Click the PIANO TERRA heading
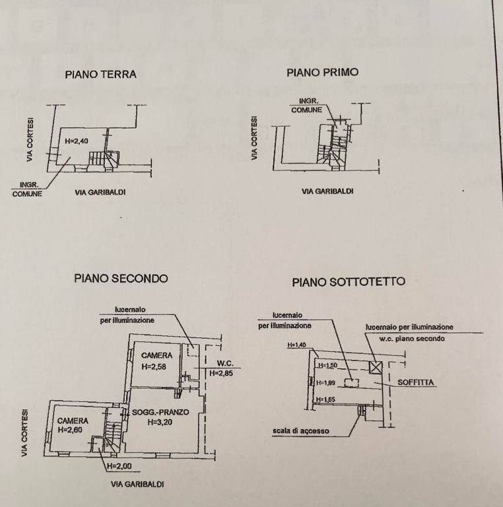coord(100,75)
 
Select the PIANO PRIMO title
coord(322,73)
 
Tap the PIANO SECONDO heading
coord(121,279)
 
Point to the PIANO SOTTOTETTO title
coord(349,282)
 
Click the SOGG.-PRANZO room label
coord(160,413)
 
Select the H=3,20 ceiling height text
coord(160,423)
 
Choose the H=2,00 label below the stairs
coord(120,466)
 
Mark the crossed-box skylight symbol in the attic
coord(376,368)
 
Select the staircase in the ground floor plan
coord(98,158)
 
